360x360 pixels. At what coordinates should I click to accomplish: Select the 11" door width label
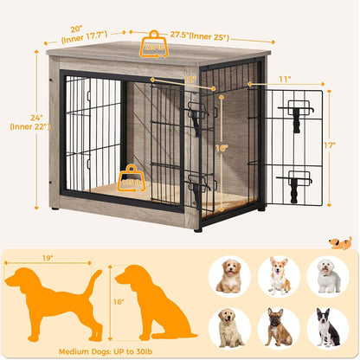284,78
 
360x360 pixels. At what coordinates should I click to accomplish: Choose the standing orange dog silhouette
52,299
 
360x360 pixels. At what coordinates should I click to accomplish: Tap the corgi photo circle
279,274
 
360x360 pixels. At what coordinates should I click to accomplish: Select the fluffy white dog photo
328,274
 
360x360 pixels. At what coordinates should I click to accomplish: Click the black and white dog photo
328,327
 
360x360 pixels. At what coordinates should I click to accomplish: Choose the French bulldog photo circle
279,327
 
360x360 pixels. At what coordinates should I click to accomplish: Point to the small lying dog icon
340,244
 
